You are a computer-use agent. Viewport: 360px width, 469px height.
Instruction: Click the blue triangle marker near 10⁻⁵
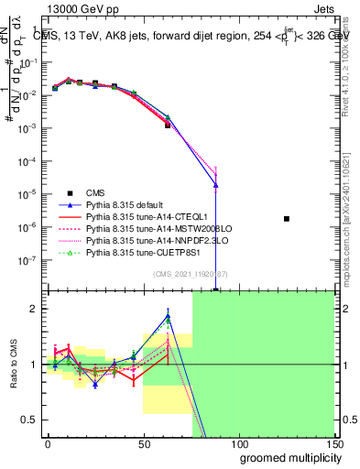tap(215, 185)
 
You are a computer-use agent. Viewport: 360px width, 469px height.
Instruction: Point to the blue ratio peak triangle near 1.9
tap(168, 317)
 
